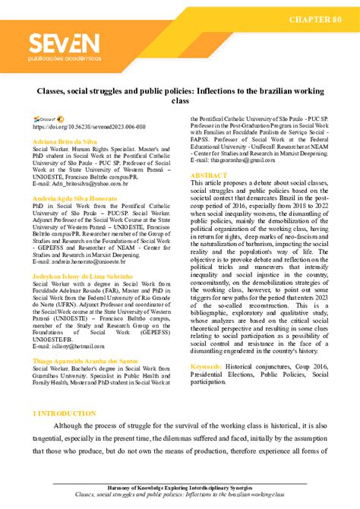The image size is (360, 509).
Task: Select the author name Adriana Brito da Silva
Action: (65, 141)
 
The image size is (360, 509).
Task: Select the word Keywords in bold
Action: (207, 366)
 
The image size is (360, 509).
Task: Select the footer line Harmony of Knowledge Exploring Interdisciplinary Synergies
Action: (180, 487)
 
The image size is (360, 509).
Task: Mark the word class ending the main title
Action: (180, 100)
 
